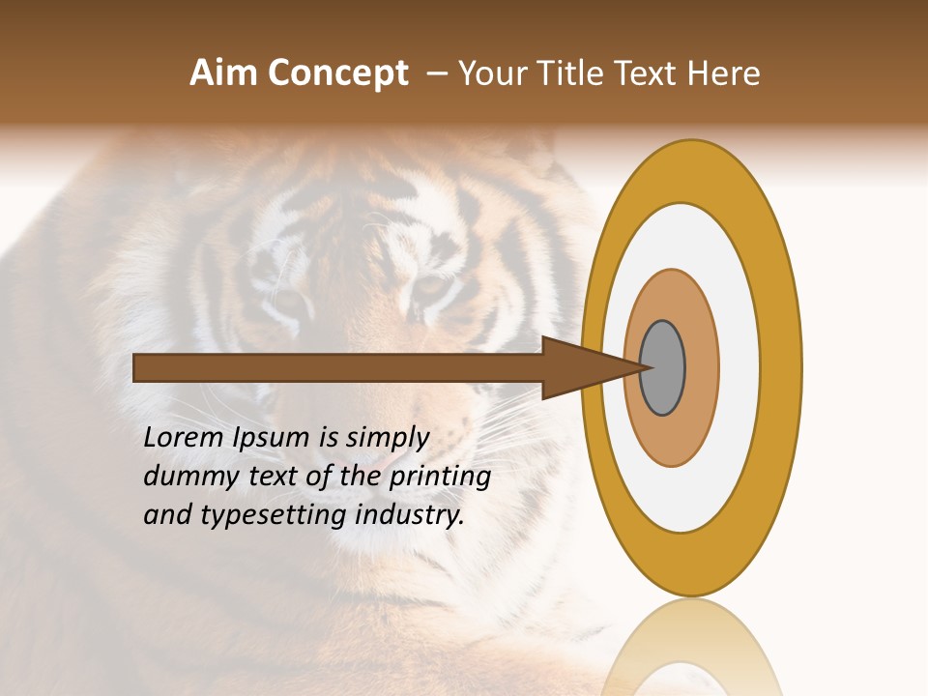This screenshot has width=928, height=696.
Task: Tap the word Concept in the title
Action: click(x=338, y=73)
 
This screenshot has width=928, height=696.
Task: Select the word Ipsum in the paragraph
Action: click(x=274, y=438)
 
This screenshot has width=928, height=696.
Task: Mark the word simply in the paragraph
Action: click(x=387, y=438)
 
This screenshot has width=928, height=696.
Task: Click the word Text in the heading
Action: click(x=648, y=73)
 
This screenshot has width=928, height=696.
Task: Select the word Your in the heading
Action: click(x=491, y=73)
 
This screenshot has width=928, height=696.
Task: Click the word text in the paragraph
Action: click(x=275, y=476)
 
